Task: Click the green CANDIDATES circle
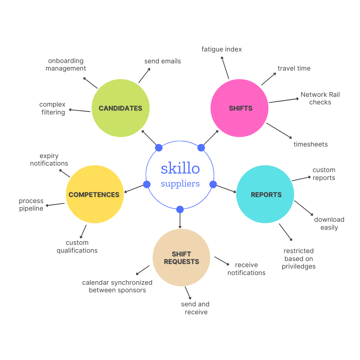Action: [120, 108]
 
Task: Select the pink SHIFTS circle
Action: [239, 108]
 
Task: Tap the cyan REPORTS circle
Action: [265, 194]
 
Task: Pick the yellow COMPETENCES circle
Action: [94, 194]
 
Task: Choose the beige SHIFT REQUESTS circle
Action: [181, 258]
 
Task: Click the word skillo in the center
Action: [180, 168]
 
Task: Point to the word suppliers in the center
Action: [180, 184]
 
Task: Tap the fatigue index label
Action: [222, 49]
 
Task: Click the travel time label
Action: [294, 68]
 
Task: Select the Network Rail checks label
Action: [320, 98]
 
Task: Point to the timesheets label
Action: [310, 144]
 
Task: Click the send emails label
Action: [162, 61]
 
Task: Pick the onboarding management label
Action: [66, 64]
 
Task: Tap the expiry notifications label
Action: [49, 159]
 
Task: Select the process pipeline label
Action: [31, 204]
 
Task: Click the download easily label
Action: [329, 223]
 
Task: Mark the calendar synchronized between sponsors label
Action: [117, 286]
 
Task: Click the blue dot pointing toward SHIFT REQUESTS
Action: [180, 209]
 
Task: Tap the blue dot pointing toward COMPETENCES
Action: [147, 185]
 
